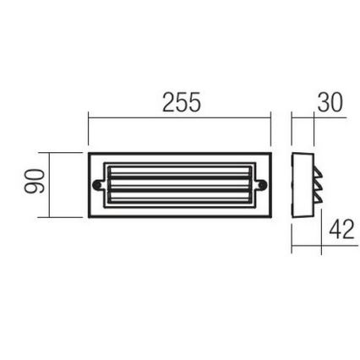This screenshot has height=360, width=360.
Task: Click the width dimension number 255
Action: [x=181, y=103]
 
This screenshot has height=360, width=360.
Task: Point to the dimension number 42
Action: [x=340, y=230]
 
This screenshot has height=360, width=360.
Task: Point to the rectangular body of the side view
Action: [x=299, y=183]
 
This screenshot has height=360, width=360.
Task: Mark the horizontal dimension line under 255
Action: [x=181, y=117]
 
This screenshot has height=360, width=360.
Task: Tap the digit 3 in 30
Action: [x=325, y=103]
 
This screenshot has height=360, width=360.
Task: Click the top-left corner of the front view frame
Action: [x=89, y=153]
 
